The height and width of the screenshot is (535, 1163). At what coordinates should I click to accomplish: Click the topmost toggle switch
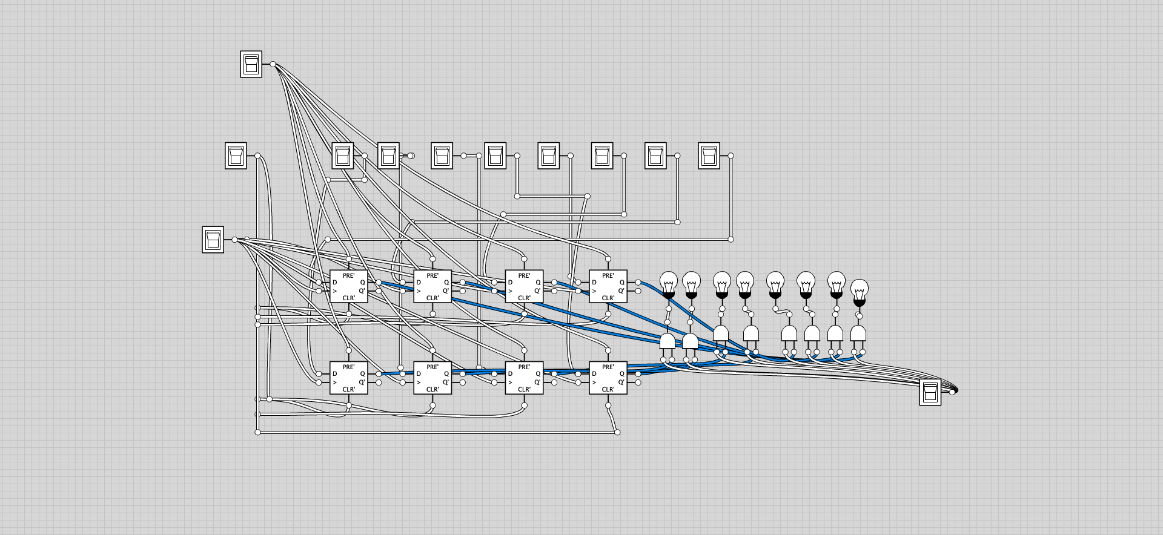point(251,64)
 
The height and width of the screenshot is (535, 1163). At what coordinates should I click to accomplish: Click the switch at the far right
point(930,392)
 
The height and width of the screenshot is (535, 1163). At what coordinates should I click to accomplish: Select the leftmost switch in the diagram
point(213,240)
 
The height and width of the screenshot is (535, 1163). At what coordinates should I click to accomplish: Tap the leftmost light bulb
point(668,283)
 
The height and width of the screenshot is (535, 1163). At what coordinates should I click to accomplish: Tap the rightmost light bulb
point(859,290)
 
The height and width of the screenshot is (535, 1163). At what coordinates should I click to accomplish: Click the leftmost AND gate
point(667,341)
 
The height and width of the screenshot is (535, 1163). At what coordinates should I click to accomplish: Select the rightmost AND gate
point(858,334)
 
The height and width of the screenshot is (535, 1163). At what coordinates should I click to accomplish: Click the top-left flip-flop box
point(348,286)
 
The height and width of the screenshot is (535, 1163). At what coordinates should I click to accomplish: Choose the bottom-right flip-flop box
point(608,378)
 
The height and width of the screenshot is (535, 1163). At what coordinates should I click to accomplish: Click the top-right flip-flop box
point(608,286)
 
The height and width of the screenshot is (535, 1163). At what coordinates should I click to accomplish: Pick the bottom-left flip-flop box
point(348,378)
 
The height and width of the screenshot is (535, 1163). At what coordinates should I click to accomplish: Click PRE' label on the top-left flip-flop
point(348,275)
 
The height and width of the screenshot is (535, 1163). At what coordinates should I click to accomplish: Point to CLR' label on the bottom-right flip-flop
point(608,389)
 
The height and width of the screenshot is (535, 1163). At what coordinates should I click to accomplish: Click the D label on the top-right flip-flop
point(594,283)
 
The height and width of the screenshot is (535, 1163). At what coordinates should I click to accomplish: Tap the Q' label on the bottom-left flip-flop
point(362,382)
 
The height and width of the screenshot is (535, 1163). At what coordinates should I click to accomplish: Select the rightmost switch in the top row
point(709,156)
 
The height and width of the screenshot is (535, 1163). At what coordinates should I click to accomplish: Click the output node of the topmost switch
point(273,64)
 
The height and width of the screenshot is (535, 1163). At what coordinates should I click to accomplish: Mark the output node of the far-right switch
point(952,392)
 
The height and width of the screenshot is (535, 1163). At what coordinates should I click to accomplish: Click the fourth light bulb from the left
point(746,283)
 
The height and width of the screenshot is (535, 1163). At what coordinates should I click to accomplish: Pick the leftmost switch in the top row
point(236,156)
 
